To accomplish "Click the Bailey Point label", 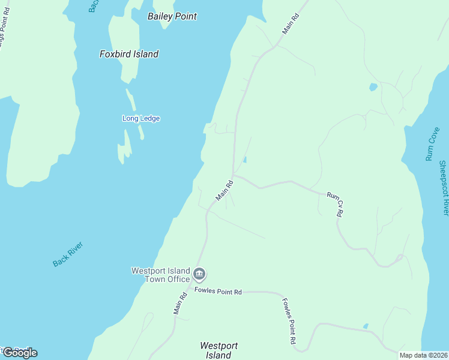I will pos(172,16).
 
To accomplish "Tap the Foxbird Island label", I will pos(128,54).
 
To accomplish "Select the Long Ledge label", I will pos(141,118).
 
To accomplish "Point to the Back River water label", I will pos(67,254).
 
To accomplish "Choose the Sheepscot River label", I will pos(444,188).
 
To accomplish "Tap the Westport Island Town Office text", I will pos(160,275).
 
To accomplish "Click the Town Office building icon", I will pos(200,275).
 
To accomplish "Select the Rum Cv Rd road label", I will pos(335,204).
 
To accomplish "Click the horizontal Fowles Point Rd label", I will pos(218,292).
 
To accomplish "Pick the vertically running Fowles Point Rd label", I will pos(289,321).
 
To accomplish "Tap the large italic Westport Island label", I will pos(218,350).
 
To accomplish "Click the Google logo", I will pos(20,353).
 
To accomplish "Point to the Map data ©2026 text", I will pos(423,355).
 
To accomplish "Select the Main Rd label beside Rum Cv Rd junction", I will pos(224,190).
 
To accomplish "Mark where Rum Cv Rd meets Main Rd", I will pos(233,176).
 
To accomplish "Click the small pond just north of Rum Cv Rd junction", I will pos(245,160).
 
